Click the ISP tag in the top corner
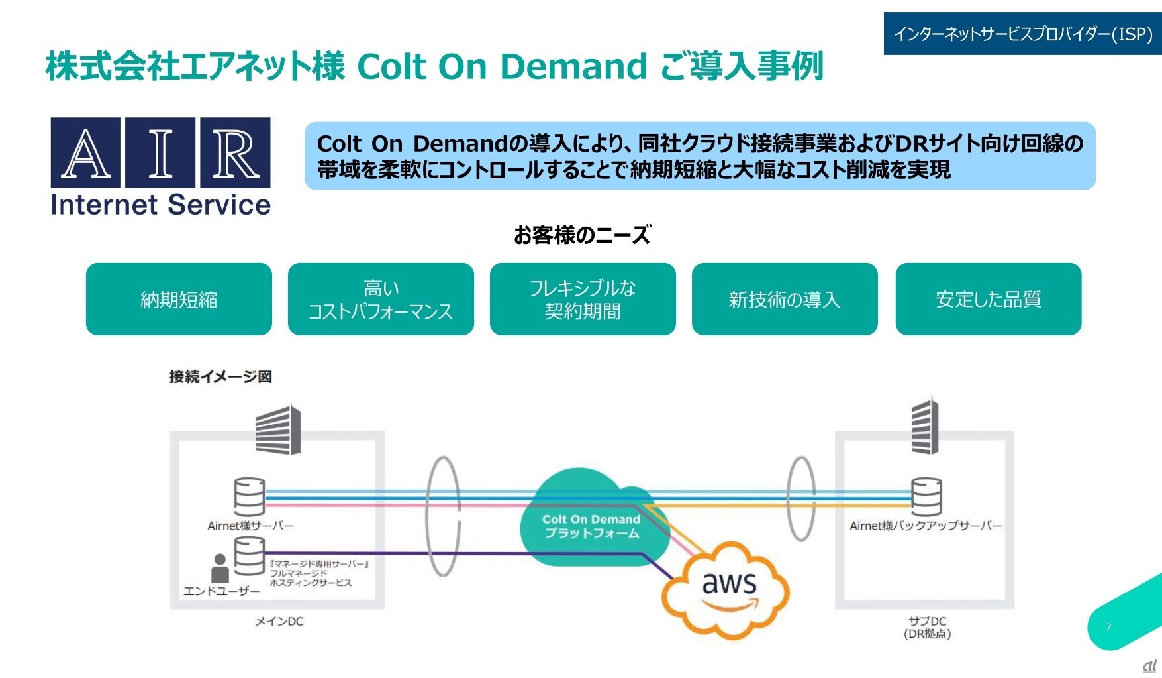tap(1022, 34)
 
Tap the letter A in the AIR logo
tap(86, 153)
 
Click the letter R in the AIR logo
tap(235, 153)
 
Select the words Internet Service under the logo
tap(161, 205)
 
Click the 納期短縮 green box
tap(179, 300)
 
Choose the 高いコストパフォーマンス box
tap(381, 300)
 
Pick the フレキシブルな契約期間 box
tap(583, 300)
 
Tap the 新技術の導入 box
tap(785, 300)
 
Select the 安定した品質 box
tap(988, 300)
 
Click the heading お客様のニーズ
tap(582, 235)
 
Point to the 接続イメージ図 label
tap(220, 376)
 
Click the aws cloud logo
tap(728, 587)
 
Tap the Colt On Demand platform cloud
tap(591, 524)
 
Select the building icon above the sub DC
tap(925, 426)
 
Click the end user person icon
tap(220, 568)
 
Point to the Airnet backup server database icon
tap(926, 496)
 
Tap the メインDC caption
tap(279, 621)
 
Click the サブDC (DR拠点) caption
tap(927, 627)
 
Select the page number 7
tap(1109, 627)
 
